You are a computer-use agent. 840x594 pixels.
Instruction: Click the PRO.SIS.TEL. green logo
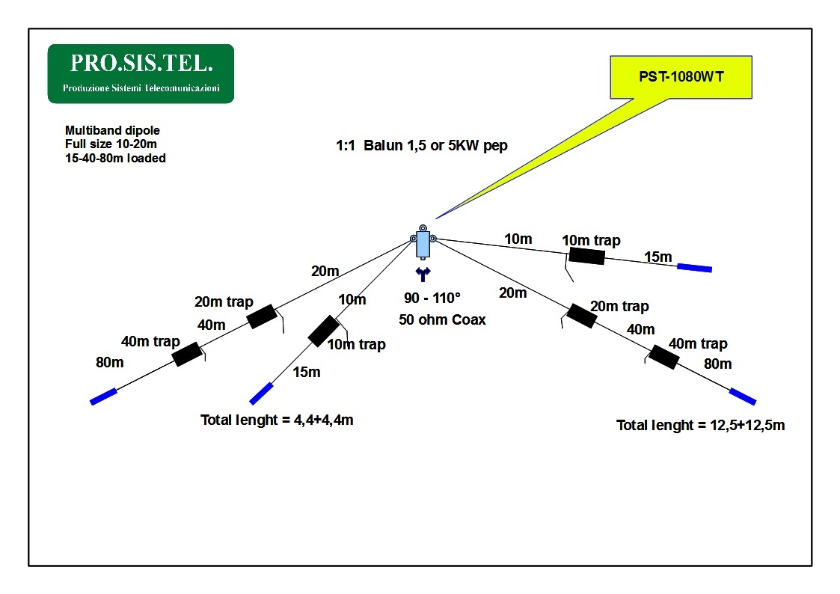pyautogui.click(x=141, y=73)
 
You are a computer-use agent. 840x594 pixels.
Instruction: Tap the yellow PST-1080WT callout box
pyautogui.click(x=680, y=76)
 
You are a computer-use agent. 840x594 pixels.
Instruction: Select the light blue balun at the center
pyautogui.click(x=423, y=244)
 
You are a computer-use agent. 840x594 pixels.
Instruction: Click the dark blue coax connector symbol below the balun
pyautogui.click(x=423, y=275)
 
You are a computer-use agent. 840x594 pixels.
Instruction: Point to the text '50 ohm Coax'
pyautogui.click(x=442, y=319)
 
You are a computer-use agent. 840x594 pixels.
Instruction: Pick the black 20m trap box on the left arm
pyautogui.click(x=262, y=316)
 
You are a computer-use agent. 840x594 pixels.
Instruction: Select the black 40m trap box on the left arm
pyautogui.click(x=187, y=354)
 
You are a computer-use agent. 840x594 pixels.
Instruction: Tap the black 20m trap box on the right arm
pyautogui.click(x=581, y=316)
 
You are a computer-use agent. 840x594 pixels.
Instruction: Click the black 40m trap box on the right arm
pyautogui.click(x=663, y=357)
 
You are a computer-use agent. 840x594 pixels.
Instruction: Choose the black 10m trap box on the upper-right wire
pyautogui.click(x=586, y=256)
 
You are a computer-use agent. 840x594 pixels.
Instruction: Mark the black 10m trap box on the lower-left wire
pyautogui.click(x=323, y=331)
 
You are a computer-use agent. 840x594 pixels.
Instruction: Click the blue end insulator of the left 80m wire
pyautogui.click(x=104, y=396)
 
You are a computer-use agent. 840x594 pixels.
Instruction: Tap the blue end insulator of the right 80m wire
pyautogui.click(x=742, y=396)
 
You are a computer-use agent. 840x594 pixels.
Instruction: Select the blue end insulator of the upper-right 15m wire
pyautogui.click(x=694, y=267)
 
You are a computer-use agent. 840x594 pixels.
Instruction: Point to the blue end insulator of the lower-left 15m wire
pyautogui.click(x=262, y=393)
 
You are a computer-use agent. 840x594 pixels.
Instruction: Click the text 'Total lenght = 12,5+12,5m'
pyautogui.click(x=700, y=425)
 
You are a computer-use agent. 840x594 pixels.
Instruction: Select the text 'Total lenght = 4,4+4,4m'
pyautogui.click(x=277, y=420)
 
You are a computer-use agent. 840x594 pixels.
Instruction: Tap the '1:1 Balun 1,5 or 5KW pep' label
pyautogui.click(x=421, y=146)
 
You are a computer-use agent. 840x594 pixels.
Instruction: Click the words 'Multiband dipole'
pyautogui.click(x=112, y=130)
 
